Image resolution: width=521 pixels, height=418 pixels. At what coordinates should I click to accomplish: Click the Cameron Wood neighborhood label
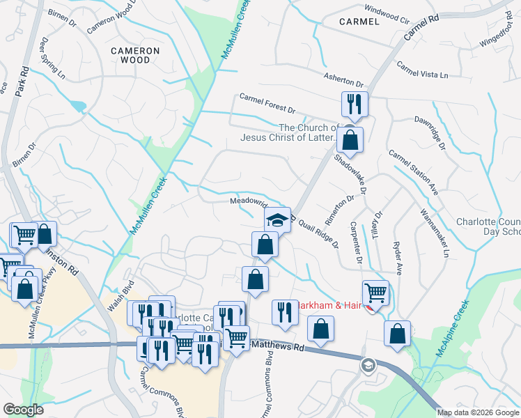pyautogui.click(x=136, y=55)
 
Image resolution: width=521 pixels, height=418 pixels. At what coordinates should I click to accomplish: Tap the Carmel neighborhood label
pyautogui.click(x=359, y=22)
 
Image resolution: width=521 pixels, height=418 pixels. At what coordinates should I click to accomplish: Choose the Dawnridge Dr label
pyautogui.click(x=439, y=132)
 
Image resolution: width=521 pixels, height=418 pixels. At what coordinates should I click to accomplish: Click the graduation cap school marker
pyautogui.click(x=277, y=219)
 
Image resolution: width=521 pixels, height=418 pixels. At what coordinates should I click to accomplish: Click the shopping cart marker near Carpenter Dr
pyautogui.click(x=375, y=293)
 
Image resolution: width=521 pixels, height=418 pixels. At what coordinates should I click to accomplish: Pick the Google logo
pyautogui.click(x=24, y=410)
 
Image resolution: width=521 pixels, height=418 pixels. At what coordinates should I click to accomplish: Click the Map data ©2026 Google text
pyautogui.click(x=478, y=412)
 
